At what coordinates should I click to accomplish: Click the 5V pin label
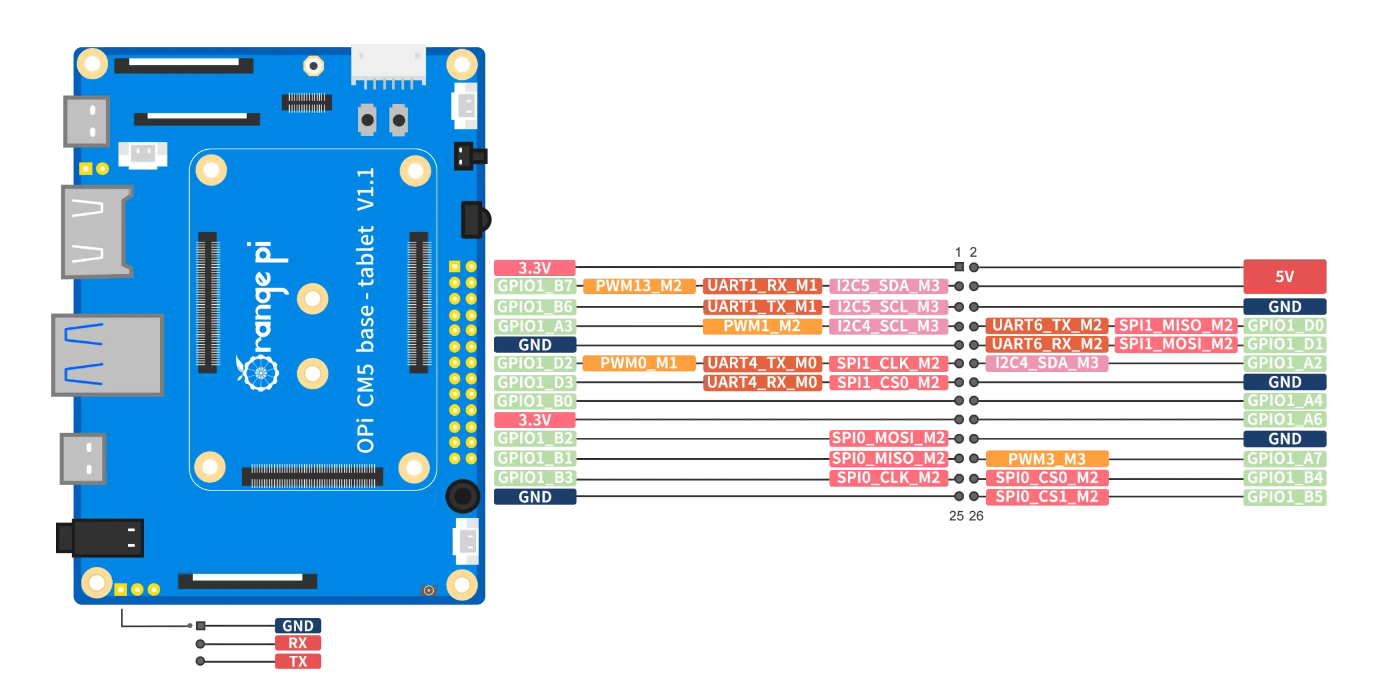coord(1284,276)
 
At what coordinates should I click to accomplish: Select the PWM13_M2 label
coord(639,286)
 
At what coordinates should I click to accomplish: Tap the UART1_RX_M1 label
coord(762,286)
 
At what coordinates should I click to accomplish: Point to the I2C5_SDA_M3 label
coord(888,286)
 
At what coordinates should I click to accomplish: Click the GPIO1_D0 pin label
coord(1284,325)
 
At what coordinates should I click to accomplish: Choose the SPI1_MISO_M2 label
coord(1176,325)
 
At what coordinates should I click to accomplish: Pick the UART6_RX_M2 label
coord(1047,344)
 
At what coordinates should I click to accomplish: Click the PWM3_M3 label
coord(1047,459)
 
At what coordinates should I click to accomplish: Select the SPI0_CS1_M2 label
coord(1047,497)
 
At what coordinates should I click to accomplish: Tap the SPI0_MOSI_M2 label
coord(888,438)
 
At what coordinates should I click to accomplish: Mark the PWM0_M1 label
coord(639,363)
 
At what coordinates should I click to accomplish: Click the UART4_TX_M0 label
coord(762,363)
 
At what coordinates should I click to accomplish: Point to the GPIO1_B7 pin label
coord(534,286)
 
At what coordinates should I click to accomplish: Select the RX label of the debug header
coord(298,643)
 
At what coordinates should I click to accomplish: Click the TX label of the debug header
coord(298,662)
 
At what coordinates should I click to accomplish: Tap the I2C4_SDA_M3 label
coord(1047,363)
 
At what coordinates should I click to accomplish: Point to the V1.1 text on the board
coord(366,190)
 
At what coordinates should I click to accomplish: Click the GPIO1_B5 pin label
coord(1284,497)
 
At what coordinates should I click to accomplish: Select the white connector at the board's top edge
coord(389,64)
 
